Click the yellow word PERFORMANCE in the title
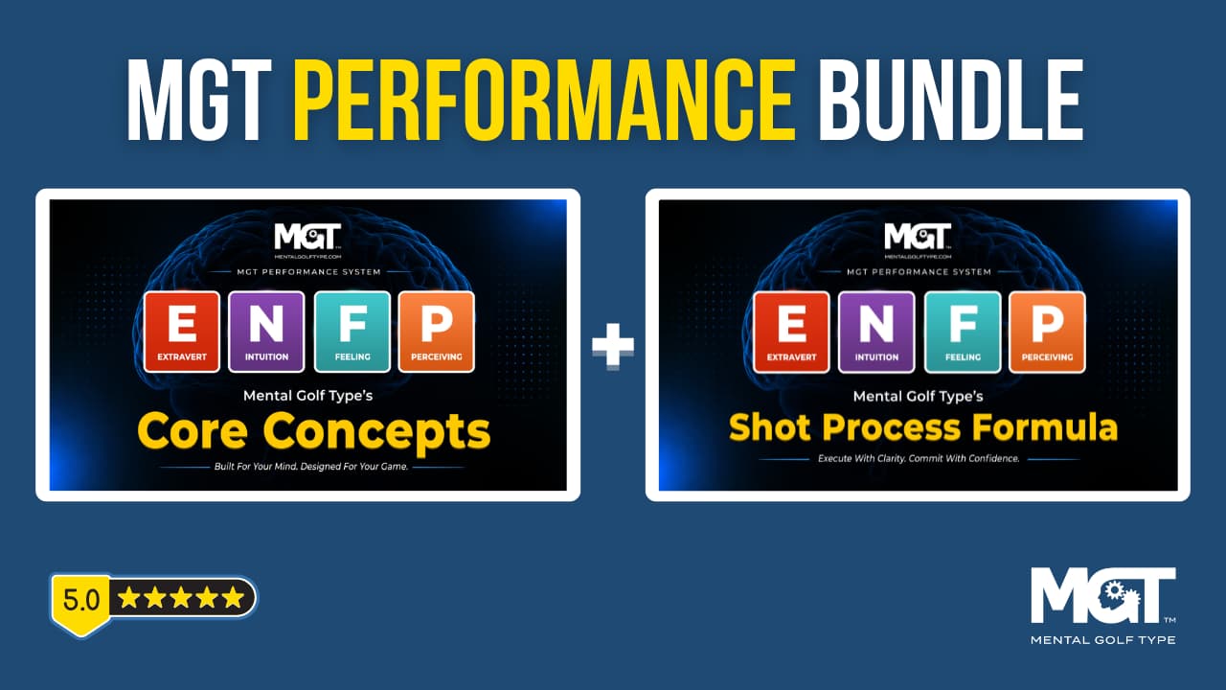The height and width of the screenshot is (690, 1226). (x=544, y=101)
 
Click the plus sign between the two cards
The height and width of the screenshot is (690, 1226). (x=613, y=345)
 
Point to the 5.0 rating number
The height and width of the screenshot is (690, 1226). (x=81, y=600)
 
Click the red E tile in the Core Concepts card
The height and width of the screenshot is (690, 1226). (x=182, y=332)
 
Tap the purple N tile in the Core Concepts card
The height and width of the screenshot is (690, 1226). (x=266, y=332)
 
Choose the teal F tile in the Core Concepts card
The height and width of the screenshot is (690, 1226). (x=352, y=332)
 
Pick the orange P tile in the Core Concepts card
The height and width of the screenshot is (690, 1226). (x=437, y=332)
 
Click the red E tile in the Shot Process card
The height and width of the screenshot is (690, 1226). (x=791, y=333)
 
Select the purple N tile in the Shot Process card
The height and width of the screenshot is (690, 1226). (x=876, y=333)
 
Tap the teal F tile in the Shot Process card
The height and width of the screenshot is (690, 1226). (x=963, y=333)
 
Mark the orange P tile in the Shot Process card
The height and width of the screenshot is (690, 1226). (x=1047, y=333)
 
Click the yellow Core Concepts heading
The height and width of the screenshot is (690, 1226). (x=314, y=432)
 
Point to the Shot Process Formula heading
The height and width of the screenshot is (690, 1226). (x=923, y=427)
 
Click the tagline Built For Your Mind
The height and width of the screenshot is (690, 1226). (x=311, y=467)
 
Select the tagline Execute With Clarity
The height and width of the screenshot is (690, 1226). (x=919, y=458)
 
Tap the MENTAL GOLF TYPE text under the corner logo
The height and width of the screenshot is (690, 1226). (x=1102, y=639)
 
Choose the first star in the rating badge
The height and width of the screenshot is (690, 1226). (x=128, y=597)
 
